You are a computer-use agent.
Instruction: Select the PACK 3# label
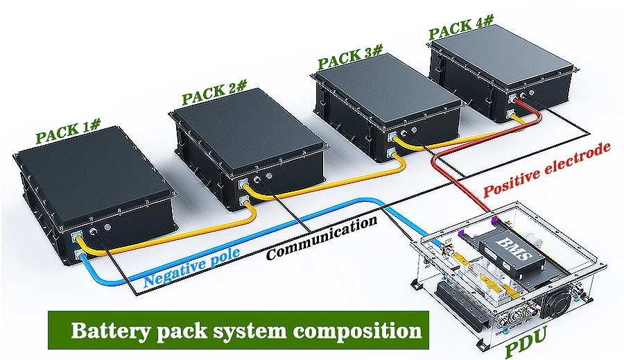click(x=350, y=57)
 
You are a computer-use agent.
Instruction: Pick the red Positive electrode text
click(x=548, y=170)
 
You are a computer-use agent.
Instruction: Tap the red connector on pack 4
click(x=516, y=99)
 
